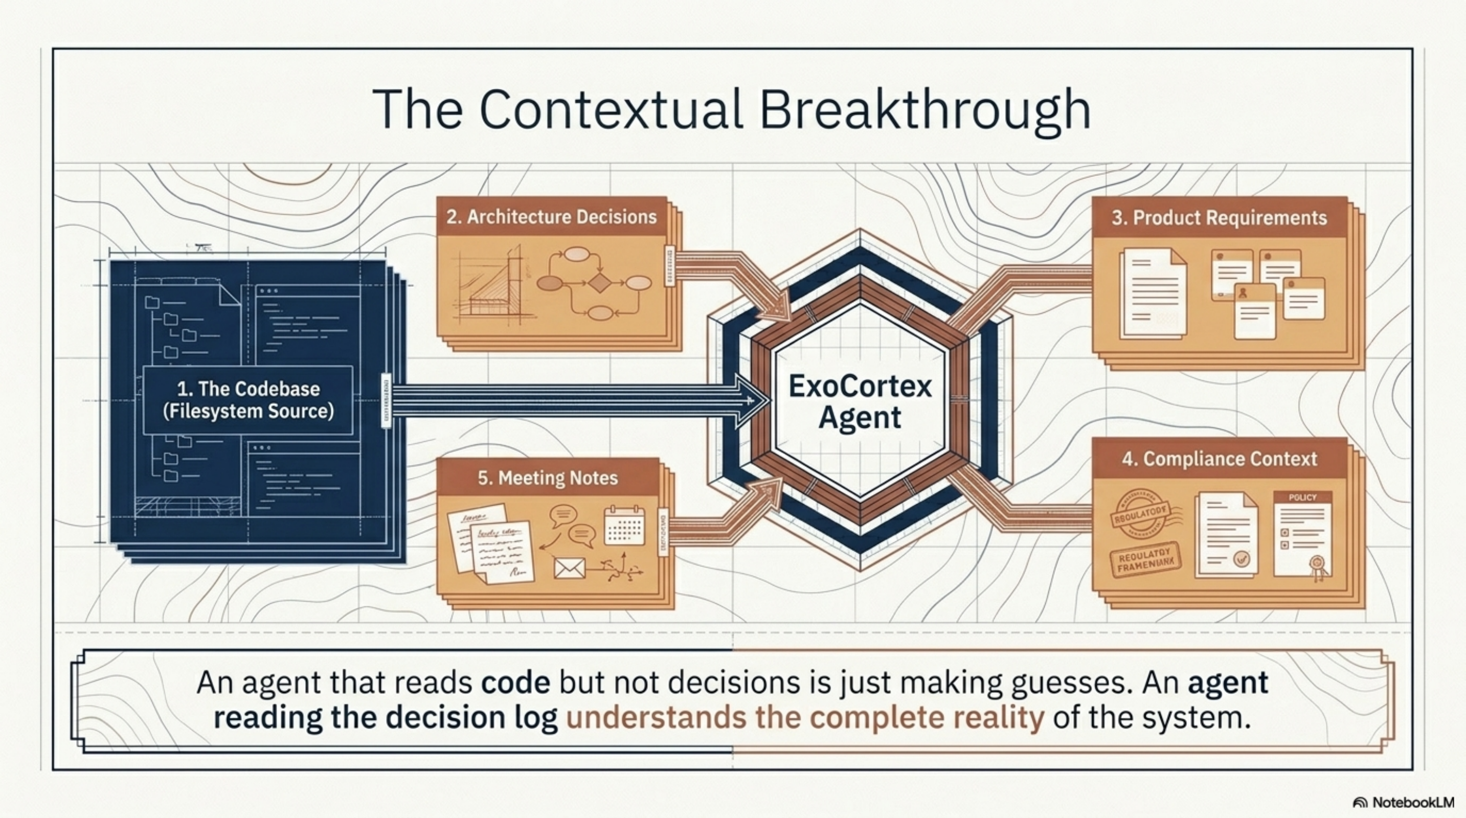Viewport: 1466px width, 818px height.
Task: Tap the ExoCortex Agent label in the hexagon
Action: (x=860, y=402)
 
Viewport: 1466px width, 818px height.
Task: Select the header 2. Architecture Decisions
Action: (x=551, y=217)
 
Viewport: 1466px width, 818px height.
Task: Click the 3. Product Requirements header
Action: (x=1219, y=218)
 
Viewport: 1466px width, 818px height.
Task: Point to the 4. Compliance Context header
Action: (x=1219, y=459)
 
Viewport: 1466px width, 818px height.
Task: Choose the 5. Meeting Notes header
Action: (x=548, y=478)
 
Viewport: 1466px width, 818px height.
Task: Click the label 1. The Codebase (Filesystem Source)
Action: (x=248, y=400)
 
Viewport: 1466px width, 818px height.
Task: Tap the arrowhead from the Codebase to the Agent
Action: (x=751, y=400)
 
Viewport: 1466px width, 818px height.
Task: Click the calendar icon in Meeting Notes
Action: (x=624, y=526)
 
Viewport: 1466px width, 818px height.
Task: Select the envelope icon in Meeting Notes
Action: (x=569, y=567)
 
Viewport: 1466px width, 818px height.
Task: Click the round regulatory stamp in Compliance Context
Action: (x=1139, y=514)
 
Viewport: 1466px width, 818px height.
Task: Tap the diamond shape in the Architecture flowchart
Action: (x=599, y=283)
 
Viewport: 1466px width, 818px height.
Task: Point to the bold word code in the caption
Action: (x=515, y=683)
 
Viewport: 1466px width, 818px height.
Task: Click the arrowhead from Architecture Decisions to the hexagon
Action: (x=777, y=310)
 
